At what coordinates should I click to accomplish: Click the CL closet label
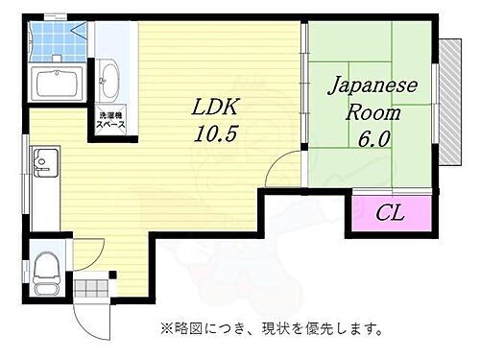pyautogui.click(x=390, y=212)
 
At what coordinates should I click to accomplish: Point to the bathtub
pyautogui.click(x=59, y=84)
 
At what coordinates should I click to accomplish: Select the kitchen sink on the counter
pyautogui.click(x=45, y=159)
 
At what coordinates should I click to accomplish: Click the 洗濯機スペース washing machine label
pyautogui.click(x=109, y=123)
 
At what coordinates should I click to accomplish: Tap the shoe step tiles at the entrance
pyautogui.click(x=94, y=287)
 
